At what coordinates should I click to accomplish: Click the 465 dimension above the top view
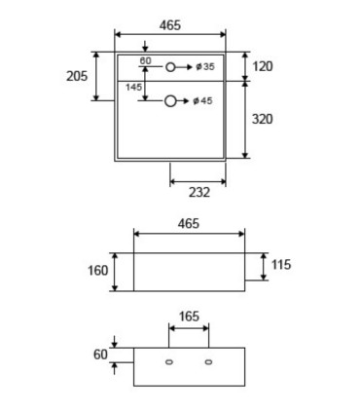pos(170,25)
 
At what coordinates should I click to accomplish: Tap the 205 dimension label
pos(77,76)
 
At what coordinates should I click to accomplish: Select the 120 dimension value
pos(263,66)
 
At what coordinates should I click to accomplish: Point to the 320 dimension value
pos(263,119)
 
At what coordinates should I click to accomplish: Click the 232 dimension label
pos(199,192)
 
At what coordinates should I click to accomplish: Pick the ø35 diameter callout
pos(205,67)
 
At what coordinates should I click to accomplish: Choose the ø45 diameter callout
pos(202,101)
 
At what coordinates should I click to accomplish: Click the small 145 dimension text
pos(133,87)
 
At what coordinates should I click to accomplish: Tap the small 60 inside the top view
pos(145,60)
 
